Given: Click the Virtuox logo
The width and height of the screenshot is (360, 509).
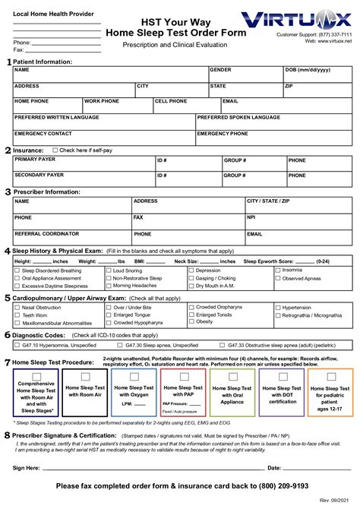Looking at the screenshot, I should click(x=304, y=20).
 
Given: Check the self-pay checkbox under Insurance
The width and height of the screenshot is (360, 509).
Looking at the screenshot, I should click(x=55, y=150).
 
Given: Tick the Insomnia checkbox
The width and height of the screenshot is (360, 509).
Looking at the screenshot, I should click(x=278, y=270).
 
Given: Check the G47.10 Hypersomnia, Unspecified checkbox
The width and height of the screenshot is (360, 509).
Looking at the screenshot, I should click(x=18, y=344).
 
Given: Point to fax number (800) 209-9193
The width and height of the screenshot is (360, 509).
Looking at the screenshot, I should click(x=276, y=485).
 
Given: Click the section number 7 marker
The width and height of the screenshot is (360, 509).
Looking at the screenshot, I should click(x=8, y=363).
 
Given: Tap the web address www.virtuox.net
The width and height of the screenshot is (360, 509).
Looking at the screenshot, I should click(x=328, y=41).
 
